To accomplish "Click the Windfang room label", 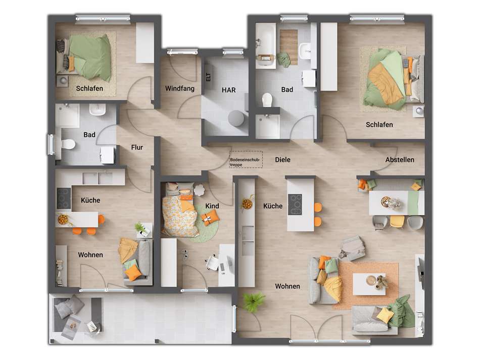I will pyautogui.click(x=180, y=88).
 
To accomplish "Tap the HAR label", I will pyautogui.click(x=228, y=90).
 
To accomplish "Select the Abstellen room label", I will pyautogui.click(x=400, y=160).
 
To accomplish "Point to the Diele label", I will pyautogui.click(x=282, y=160).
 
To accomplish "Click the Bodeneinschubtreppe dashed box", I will pyautogui.click(x=246, y=160).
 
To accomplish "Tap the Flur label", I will pyautogui.click(x=136, y=148).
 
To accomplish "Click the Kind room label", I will pyautogui.click(x=212, y=206).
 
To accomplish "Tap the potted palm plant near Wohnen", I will pyautogui.click(x=253, y=302).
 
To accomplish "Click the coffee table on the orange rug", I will pyautogui.click(x=369, y=283).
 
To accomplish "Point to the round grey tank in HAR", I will pyautogui.click(x=235, y=118).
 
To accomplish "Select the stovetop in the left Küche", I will pyautogui.click(x=64, y=198).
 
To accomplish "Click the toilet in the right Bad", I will pyautogui.click(x=268, y=100).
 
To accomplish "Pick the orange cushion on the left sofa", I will pyautogui.click(x=133, y=273).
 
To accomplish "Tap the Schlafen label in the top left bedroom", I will pyautogui.click(x=89, y=88).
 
